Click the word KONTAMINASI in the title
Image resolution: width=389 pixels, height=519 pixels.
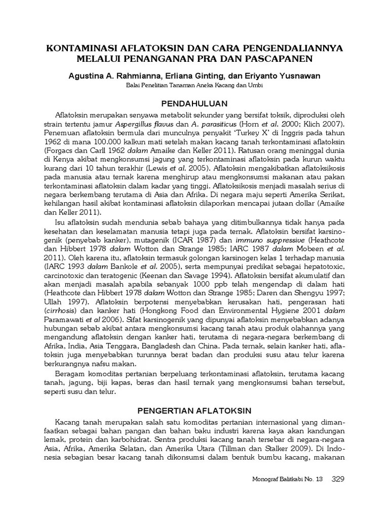[x=83, y=48]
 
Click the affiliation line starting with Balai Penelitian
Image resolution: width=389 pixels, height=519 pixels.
[x=194, y=86]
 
